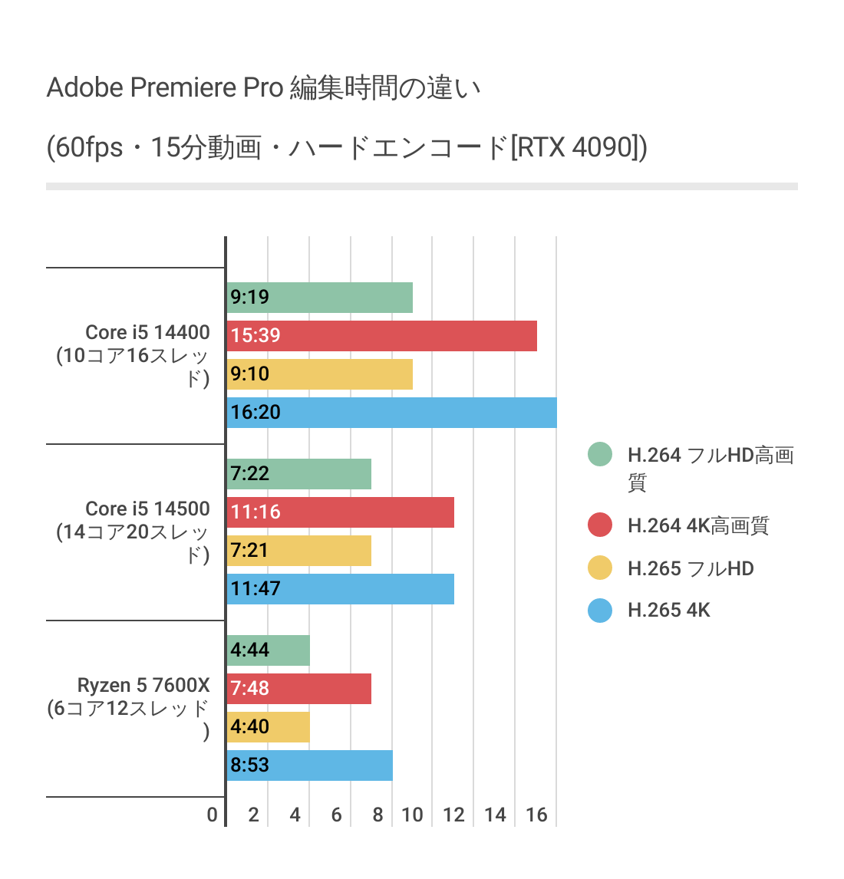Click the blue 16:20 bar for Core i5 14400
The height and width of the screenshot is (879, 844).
pos(392,413)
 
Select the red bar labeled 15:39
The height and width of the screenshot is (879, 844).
pos(382,336)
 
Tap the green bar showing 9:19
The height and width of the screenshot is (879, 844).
pos(320,298)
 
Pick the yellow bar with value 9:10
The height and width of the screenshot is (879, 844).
pos(320,374)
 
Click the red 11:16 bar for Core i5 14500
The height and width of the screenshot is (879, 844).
pos(341,512)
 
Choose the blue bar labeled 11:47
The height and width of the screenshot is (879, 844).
pos(341,589)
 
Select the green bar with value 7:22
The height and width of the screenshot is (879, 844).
pos(299,474)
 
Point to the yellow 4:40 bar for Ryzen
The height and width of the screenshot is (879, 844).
pos(269,727)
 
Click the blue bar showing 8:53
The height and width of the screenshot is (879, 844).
pos(310,765)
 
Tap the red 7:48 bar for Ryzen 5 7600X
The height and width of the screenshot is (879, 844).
pos(299,689)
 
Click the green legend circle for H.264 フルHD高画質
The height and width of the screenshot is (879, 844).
pos(600,455)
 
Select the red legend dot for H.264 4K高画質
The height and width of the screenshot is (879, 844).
pos(600,525)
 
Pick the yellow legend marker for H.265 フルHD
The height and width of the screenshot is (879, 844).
pos(600,568)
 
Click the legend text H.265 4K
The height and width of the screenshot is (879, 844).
pos(669,611)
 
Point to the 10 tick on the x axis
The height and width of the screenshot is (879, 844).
pos(412,815)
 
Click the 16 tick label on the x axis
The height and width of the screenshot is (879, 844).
pos(536,815)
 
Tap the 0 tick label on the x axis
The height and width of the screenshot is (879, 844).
pos(213,815)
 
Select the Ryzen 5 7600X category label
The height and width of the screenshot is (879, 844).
pos(143,685)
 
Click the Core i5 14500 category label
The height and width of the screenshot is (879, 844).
pos(147,509)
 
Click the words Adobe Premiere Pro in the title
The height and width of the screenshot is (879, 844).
pos(165,88)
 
